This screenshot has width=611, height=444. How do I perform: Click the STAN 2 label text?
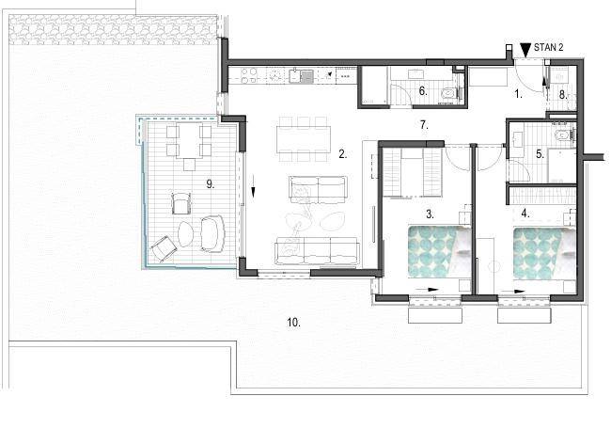(x=548, y=48)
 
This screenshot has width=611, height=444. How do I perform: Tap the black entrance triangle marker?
(x=525, y=49)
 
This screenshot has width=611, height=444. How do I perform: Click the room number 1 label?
(x=518, y=94)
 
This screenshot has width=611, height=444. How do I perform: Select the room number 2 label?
(x=343, y=154)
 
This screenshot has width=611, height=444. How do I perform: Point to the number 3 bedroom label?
(x=430, y=214)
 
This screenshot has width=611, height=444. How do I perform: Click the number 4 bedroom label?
(x=525, y=214)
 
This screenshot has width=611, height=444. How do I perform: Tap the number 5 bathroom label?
(x=540, y=154)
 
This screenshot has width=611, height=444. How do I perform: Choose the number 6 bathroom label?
(x=423, y=91)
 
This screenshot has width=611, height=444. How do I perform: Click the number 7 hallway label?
(x=424, y=125)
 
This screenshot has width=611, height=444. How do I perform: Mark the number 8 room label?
(x=563, y=95)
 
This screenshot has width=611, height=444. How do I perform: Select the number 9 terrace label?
(x=211, y=184)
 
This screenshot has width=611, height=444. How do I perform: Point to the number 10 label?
(x=294, y=323)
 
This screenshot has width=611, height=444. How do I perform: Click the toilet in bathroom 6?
(x=448, y=93)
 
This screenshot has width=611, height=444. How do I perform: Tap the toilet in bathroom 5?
(x=562, y=135)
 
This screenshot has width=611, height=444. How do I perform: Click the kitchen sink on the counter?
(x=301, y=75)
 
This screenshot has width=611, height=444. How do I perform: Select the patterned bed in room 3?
(x=440, y=251)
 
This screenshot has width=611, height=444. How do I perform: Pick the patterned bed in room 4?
(x=544, y=253)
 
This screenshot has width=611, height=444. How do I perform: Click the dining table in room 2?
(x=304, y=139)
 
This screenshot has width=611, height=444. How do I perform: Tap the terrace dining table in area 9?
(x=189, y=141)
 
